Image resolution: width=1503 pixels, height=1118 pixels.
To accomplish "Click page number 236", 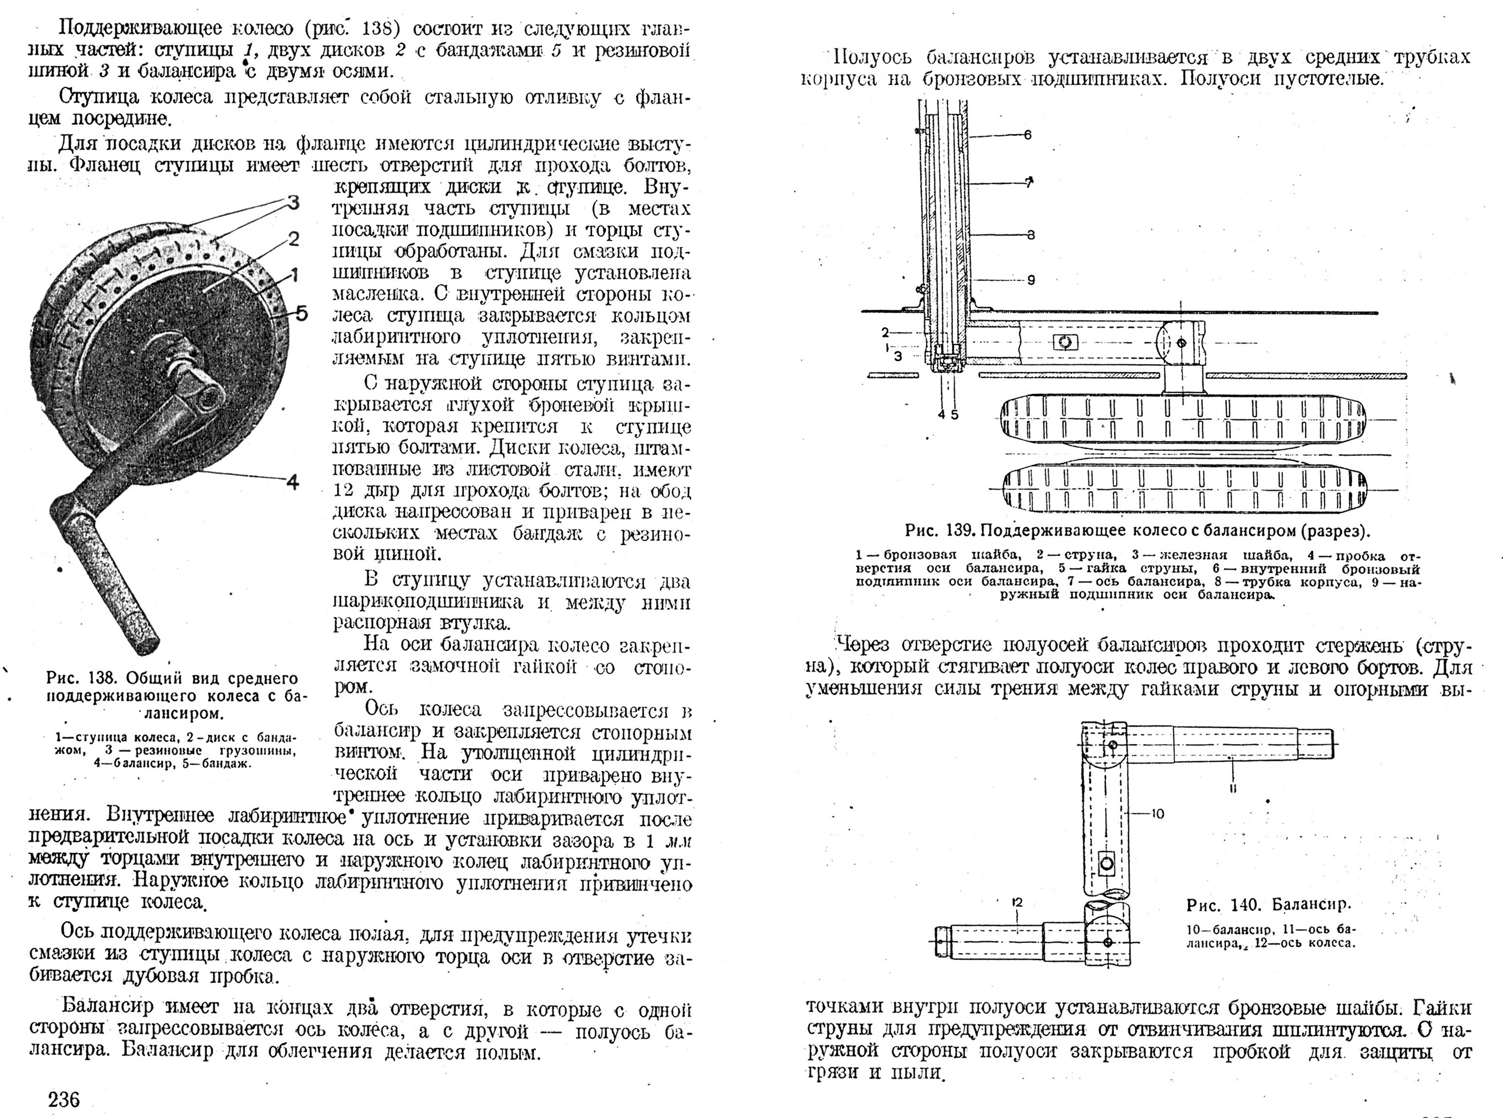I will click(x=65, y=1099).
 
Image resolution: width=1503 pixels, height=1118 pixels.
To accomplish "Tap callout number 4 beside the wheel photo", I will click(x=292, y=482).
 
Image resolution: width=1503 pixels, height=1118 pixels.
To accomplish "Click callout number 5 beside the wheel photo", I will click(x=301, y=313).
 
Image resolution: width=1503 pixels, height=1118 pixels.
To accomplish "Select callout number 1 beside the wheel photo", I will click(x=294, y=275).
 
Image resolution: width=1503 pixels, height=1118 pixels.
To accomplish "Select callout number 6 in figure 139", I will click(x=1027, y=135).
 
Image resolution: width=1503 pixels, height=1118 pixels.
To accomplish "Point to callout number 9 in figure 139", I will click(x=1031, y=279).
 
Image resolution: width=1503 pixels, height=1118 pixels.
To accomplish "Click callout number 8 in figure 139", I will click(x=1031, y=235).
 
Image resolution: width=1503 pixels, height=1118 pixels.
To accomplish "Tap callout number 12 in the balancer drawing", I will click(x=1017, y=903).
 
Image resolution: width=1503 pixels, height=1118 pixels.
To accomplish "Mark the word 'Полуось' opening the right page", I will click(x=873, y=57).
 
